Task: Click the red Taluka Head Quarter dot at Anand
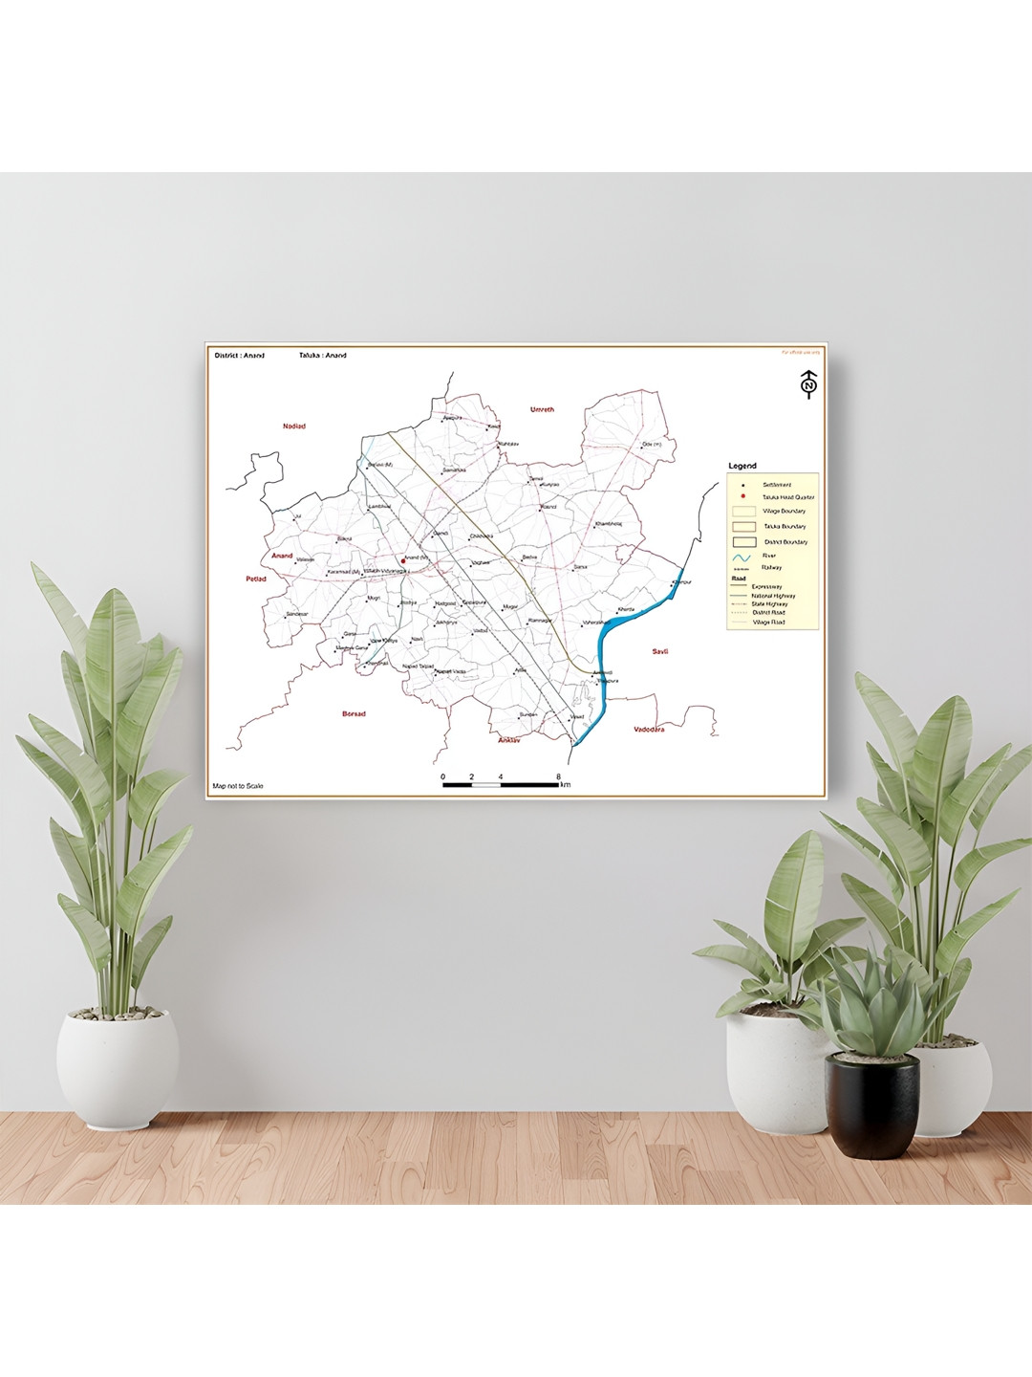pos(403,561)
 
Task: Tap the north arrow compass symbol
pos(808,384)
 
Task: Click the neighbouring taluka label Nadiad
pos(294,426)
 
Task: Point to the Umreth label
pos(542,409)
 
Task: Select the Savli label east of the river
pos(660,651)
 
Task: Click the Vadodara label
pos(649,730)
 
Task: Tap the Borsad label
pos(354,713)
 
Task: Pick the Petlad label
pos(256,579)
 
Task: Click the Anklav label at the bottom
pos(508,740)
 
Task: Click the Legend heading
pos(742,466)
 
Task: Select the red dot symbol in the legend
pos(742,496)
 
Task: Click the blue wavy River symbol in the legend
pos(742,557)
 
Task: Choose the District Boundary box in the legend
pos(743,542)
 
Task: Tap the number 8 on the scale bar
pos(558,776)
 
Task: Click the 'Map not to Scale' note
pos(238,786)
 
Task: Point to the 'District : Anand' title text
pos(240,356)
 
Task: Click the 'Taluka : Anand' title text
pos(323,356)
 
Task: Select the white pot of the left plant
pos(117,1065)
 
